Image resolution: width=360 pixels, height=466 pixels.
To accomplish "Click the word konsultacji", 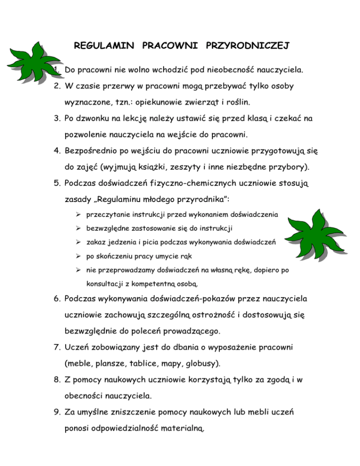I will (105, 284).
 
